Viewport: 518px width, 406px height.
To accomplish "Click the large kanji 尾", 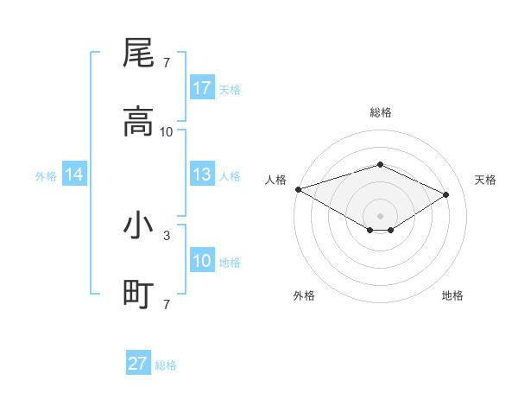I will click(x=138, y=54).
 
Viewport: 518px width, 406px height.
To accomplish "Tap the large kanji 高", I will click(x=138, y=122).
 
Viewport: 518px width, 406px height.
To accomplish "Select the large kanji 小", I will click(x=138, y=226).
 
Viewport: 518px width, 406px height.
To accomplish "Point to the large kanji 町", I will click(x=138, y=295).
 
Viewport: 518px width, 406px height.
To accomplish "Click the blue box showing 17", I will click(x=202, y=88).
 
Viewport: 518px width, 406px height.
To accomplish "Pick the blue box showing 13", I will click(x=202, y=174).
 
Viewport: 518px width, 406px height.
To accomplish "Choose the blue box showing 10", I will click(x=202, y=261).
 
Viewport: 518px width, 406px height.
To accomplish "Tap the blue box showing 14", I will click(x=74, y=174).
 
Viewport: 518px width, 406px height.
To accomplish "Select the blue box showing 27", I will click(x=138, y=364).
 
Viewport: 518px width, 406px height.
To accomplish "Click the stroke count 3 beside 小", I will click(x=166, y=235).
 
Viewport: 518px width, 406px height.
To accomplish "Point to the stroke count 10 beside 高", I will click(x=167, y=131).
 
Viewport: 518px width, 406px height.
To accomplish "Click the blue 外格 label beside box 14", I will click(x=46, y=175).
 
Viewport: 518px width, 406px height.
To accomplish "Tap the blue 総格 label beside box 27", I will click(x=166, y=365).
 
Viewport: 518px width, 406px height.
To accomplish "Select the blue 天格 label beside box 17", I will click(x=229, y=89).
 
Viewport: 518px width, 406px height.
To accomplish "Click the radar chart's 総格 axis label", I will click(x=380, y=112).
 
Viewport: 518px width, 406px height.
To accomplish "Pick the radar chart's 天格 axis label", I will click(x=485, y=180).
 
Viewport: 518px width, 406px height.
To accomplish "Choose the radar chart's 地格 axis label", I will click(x=452, y=295).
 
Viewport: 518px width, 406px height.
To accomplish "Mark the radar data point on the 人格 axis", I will click(x=298, y=188).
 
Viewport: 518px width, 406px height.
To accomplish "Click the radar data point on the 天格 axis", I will click(x=446, y=194).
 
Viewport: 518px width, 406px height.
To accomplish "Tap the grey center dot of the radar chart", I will click(x=380, y=215).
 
